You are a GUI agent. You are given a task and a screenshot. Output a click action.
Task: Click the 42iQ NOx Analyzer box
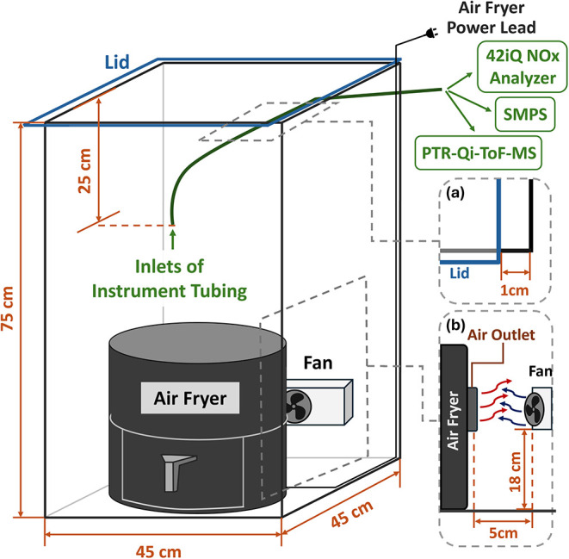[x=522, y=67]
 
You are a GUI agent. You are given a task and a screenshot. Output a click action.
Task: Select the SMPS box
[x=525, y=115]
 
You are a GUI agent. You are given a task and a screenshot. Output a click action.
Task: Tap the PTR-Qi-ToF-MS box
[x=479, y=152]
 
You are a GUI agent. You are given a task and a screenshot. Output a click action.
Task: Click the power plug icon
[x=432, y=34]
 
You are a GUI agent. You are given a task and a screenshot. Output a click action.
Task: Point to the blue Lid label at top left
[x=117, y=62]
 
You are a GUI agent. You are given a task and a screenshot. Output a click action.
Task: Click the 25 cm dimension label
[x=84, y=171]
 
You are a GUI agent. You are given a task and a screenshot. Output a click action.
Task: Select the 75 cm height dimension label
[x=7, y=308]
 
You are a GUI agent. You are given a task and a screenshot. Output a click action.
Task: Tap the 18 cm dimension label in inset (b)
[x=515, y=472]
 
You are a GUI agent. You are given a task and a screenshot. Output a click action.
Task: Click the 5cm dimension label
[x=503, y=533]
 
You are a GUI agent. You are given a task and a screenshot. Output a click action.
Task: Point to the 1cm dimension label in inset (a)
[x=515, y=290]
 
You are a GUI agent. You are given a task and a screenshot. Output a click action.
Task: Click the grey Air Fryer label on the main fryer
[x=190, y=398]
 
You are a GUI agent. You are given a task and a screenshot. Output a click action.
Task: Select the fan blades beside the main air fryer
[x=298, y=407]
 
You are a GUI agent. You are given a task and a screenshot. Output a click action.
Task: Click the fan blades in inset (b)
[x=535, y=410]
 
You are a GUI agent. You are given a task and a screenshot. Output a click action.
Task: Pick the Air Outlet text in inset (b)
[x=501, y=335]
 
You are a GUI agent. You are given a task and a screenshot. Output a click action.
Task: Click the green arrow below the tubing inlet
[x=173, y=239]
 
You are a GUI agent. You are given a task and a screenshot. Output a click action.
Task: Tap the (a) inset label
[x=455, y=193]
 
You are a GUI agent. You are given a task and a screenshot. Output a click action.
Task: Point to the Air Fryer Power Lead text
[x=492, y=18]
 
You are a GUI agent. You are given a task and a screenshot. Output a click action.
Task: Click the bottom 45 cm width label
[x=158, y=552]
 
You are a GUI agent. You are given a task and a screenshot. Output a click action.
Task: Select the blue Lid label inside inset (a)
[x=460, y=273]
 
